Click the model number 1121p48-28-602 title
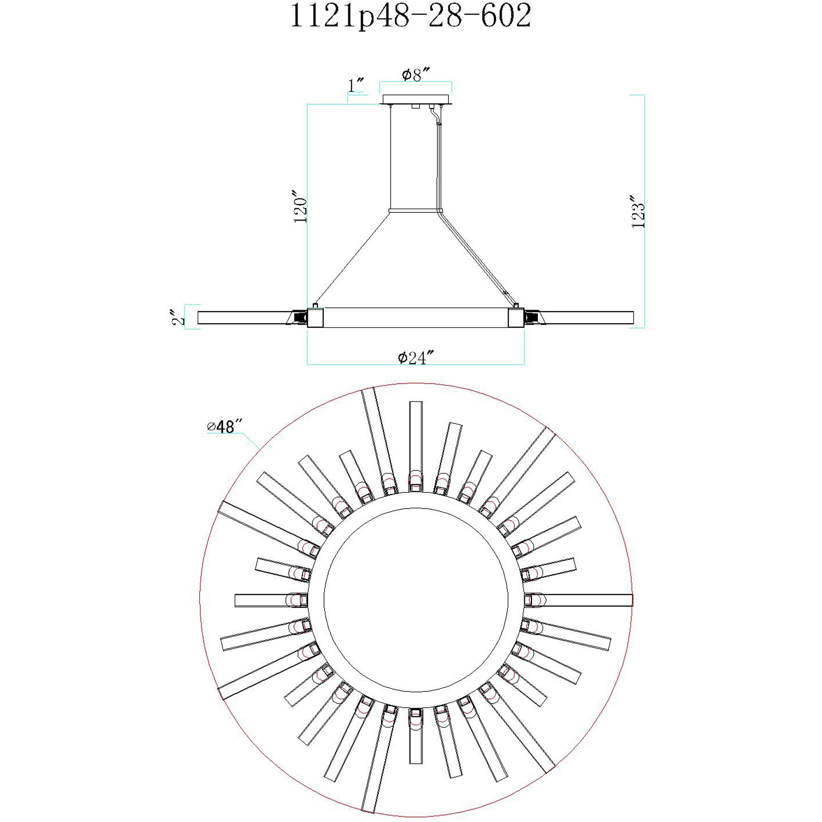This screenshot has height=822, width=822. point(410,16)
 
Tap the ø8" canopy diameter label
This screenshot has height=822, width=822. point(416,74)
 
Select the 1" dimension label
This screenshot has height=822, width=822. point(355,86)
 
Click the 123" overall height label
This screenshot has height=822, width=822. point(638,212)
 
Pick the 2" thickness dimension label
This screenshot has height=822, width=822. point(177,317)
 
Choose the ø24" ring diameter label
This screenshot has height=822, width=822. point(416,357)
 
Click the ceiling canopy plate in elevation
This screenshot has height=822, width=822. point(416,99)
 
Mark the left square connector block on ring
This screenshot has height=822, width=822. point(316,318)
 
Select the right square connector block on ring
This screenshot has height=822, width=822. point(516,318)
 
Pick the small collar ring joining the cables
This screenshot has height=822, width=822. point(416,211)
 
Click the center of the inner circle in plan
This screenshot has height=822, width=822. point(416,600)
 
